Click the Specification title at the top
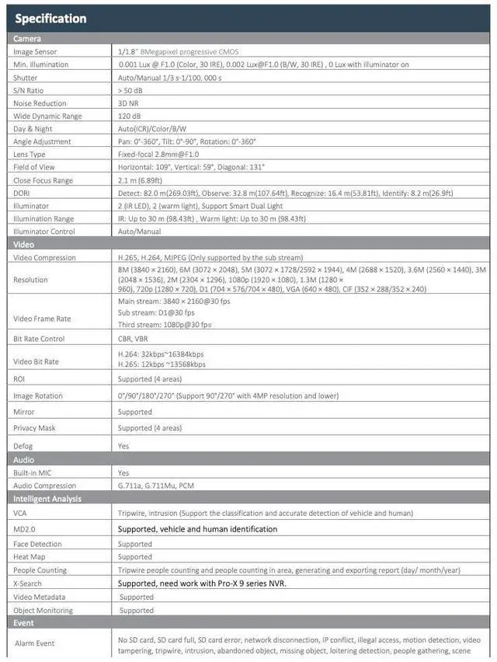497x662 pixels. (x=51, y=19)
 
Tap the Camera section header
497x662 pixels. (x=27, y=38)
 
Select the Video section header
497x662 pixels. (x=24, y=244)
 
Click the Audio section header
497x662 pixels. (x=24, y=460)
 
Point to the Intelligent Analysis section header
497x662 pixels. (x=47, y=499)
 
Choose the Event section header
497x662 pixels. (x=24, y=622)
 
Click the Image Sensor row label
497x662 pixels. (x=35, y=52)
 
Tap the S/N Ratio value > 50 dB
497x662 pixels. (x=130, y=90)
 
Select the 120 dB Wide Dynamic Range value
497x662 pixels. (x=130, y=116)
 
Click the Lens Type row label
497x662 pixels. (x=30, y=154)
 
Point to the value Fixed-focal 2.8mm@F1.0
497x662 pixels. (x=158, y=154)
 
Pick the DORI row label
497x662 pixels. (x=22, y=193)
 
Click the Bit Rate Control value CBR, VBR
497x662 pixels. (x=133, y=339)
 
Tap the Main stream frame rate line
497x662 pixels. (x=174, y=301)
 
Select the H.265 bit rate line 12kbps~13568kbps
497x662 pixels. (x=162, y=364)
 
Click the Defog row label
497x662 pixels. (x=23, y=446)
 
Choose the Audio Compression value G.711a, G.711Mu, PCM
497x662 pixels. (x=156, y=486)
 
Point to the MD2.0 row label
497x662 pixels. (x=25, y=529)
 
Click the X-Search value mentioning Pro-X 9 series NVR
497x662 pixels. (x=202, y=583)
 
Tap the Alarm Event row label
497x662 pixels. (x=35, y=643)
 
